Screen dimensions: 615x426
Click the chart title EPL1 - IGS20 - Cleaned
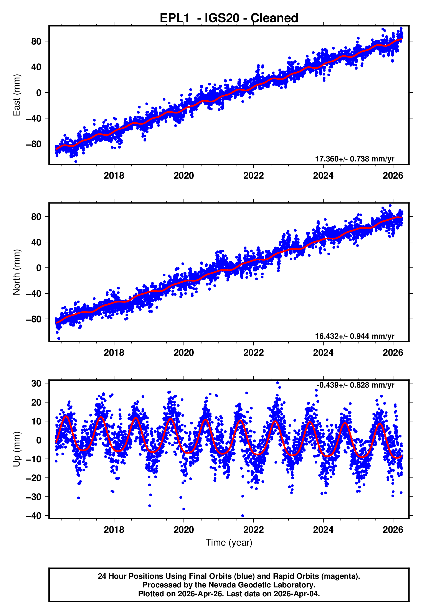pos(229,18)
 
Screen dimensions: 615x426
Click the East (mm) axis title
pos(17,95)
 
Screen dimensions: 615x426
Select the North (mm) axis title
pos(17,272)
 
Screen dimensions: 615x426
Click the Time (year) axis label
pos(229,543)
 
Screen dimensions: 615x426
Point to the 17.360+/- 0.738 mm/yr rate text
pos(355,159)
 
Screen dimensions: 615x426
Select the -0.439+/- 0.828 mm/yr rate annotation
pos(355,385)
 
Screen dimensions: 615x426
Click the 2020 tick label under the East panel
pos(184,176)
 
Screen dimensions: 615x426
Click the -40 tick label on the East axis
pos(34,118)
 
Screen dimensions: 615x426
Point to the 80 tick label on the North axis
pos(36,217)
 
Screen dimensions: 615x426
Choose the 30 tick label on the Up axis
pos(36,383)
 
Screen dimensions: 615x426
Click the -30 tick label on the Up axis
pos(34,497)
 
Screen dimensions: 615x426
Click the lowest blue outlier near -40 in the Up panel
pos(242,516)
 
